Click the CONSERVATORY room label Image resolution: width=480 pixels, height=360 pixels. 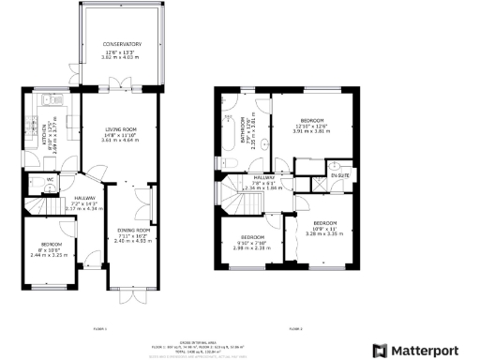[x=123, y=44]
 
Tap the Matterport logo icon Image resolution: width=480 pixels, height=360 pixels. [x=381, y=350]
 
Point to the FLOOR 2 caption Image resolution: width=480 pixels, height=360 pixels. [x=294, y=329]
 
